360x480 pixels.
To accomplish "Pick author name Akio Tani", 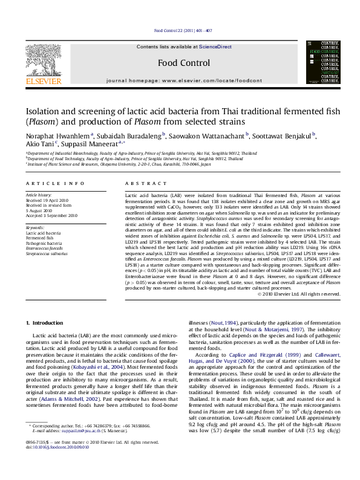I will pyautogui.click(x=38, y=146).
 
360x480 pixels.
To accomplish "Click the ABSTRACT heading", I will pyautogui.click(x=141, y=183).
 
